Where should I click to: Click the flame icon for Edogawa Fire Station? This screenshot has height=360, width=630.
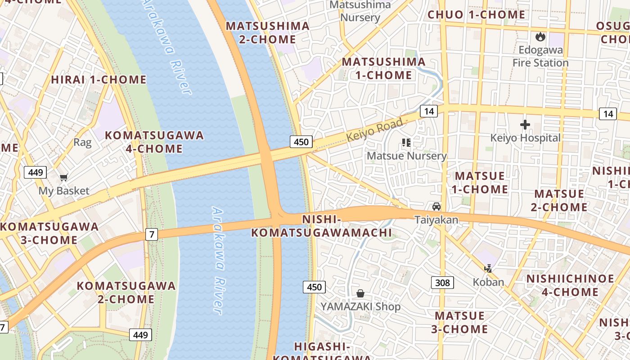(540, 36)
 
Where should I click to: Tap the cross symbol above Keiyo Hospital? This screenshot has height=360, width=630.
(525, 125)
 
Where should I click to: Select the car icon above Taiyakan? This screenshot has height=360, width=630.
(436, 207)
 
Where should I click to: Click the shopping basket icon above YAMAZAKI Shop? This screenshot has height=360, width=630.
(360, 294)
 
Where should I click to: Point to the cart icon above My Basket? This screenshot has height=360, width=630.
(63, 177)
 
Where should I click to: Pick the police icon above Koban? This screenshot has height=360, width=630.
(488, 269)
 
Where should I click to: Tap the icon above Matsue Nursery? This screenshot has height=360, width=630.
(406, 143)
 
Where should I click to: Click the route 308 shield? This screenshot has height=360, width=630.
(442, 283)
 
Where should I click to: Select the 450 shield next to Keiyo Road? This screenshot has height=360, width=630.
(301, 142)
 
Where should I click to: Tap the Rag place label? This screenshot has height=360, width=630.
(82, 143)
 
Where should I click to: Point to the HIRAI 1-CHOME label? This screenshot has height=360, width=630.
(99, 80)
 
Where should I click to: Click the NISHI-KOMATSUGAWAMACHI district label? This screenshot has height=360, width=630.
(321, 226)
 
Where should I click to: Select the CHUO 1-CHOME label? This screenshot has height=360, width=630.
(476, 15)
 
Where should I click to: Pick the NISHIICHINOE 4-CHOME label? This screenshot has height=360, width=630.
(570, 285)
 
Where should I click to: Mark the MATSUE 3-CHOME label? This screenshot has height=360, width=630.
(460, 322)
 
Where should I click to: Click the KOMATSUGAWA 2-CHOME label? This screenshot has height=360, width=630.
(126, 292)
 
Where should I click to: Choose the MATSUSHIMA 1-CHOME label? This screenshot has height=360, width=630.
(384, 68)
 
